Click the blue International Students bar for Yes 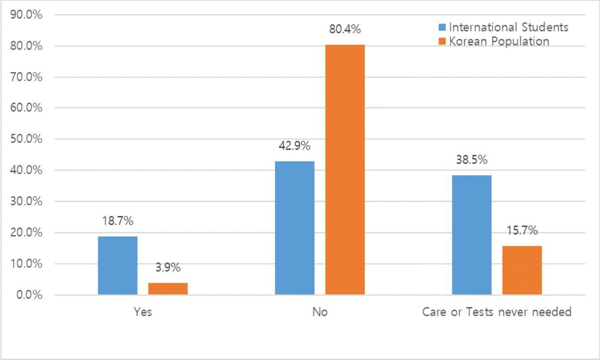pos(118,266)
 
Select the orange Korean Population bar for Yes pos(168,288)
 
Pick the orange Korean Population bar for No pos(345,170)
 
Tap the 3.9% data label pos(168,268)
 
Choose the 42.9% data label pos(294,146)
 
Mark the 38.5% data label pos(471,160)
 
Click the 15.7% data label pos(522,231)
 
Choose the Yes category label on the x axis pos(143,313)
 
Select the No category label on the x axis pos(320,313)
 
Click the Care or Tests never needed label pos(497,313)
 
